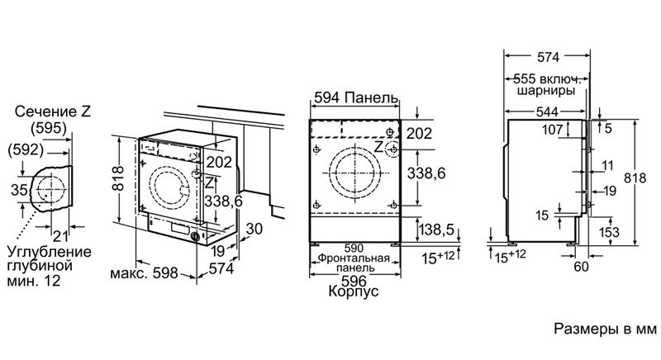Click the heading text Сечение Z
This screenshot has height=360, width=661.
[53, 111]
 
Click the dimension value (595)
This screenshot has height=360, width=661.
[49, 128]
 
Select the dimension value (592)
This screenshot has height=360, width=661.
[26, 149]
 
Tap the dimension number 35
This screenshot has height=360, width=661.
[19, 190]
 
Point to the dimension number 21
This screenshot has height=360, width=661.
[59, 236]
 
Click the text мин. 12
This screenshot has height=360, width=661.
[34, 281]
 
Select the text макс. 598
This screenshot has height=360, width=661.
[144, 273]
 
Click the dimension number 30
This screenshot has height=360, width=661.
[254, 229]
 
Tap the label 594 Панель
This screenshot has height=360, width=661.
[356, 97]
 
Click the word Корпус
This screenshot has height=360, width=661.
[354, 291]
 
